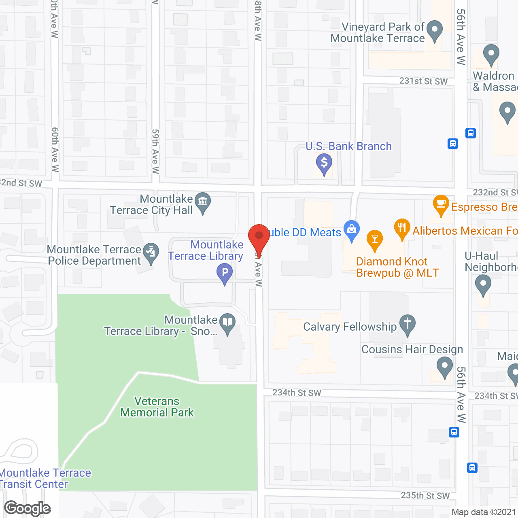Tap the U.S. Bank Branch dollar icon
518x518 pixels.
click(x=324, y=163)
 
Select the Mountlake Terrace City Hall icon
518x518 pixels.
click(x=203, y=202)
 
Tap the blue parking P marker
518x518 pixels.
click(x=225, y=273)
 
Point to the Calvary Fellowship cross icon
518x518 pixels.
click(x=408, y=324)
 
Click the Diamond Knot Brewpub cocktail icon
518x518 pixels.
click(x=375, y=239)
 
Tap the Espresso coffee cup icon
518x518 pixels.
click(x=441, y=204)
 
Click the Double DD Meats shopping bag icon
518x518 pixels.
click(x=352, y=230)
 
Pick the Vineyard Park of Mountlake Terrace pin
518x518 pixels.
click(x=435, y=30)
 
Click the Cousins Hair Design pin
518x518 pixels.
click(x=444, y=367)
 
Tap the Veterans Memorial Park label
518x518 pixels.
click(x=157, y=407)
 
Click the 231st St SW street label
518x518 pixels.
click(x=423, y=81)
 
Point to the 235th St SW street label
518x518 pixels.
click(x=425, y=495)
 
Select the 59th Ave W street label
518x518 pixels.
click(x=155, y=151)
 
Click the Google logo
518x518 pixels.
click(x=28, y=508)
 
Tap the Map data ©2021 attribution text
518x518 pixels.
click(x=484, y=512)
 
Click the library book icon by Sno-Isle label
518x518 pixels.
click(x=228, y=323)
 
